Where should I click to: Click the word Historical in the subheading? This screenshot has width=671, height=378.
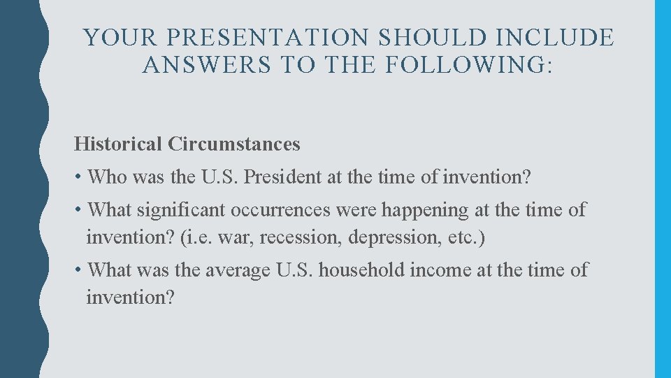point(118,144)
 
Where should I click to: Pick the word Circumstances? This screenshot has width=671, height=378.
point(234,144)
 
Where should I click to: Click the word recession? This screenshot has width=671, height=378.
point(295,237)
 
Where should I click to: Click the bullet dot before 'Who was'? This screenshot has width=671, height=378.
point(78,178)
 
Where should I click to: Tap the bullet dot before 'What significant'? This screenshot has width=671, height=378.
point(78,210)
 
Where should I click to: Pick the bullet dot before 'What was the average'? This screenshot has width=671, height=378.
point(78,270)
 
